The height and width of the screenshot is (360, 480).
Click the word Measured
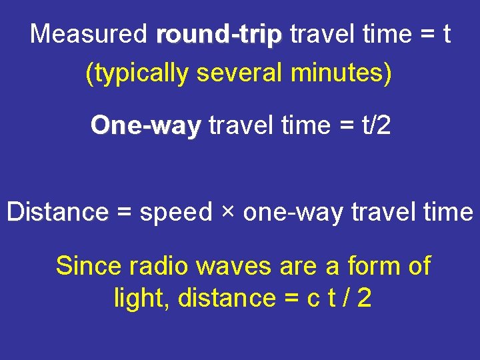(x=89, y=33)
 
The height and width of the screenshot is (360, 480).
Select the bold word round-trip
(x=219, y=35)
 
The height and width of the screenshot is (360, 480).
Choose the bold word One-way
(x=146, y=125)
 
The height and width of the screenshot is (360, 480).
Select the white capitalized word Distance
(x=57, y=212)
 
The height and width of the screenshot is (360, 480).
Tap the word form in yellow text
(x=365, y=266)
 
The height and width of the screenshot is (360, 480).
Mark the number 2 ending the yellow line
(x=364, y=298)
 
